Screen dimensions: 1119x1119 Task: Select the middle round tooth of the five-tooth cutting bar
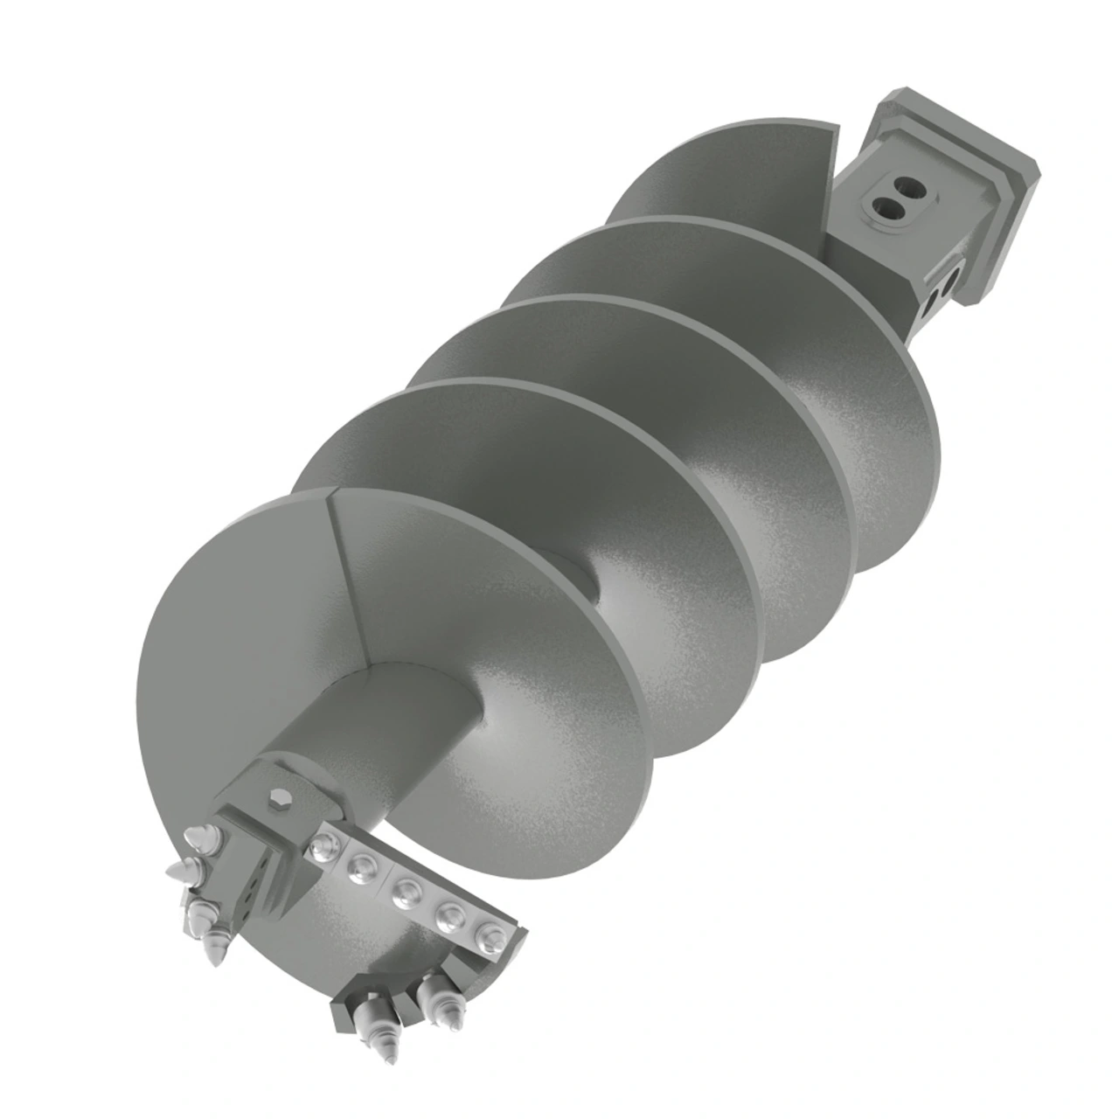(405, 894)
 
